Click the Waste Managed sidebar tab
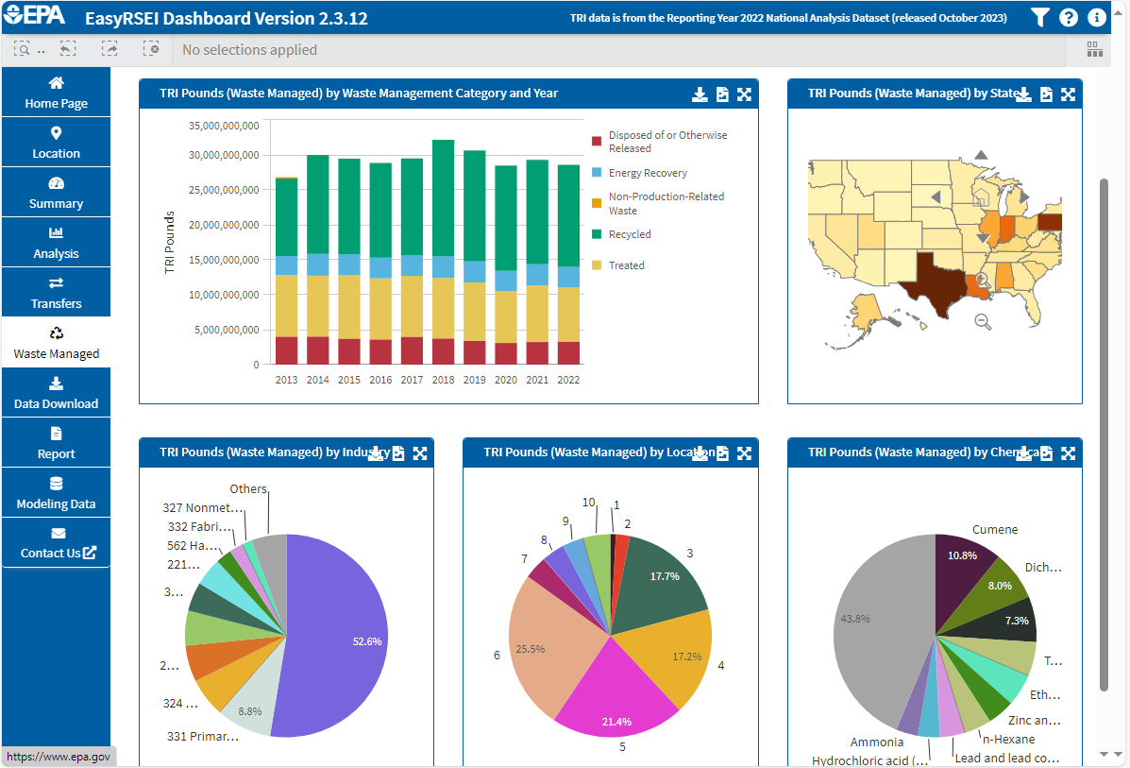pos(56,343)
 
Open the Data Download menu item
pos(56,393)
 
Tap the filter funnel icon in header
pos(1039,17)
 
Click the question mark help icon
pos(1069,17)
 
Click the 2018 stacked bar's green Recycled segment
pos(443,197)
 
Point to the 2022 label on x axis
pos(568,380)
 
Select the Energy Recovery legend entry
pos(647,173)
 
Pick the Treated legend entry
pos(626,265)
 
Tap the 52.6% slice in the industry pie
pos(340,633)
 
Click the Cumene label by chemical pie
pos(995,530)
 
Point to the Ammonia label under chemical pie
pos(876,742)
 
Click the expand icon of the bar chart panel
pos(744,94)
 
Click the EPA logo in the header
pos(36,17)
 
